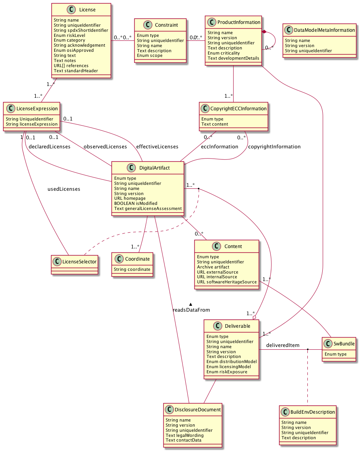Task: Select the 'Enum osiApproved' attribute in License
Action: click(73, 50)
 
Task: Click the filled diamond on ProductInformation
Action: click(265, 31)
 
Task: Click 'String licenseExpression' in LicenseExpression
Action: click(32, 124)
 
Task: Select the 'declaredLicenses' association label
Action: click(50, 147)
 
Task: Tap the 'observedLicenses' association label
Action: click(105, 147)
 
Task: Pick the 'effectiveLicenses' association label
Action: click(157, 147)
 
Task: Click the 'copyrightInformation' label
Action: click(274, 147)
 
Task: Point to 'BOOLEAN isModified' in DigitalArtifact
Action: click(135, 203)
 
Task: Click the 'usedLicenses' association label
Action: click(64, 189)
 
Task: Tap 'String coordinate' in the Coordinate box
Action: click(132, 269)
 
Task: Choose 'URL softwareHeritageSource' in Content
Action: click(227, 282)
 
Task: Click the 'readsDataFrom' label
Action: click(191, 310)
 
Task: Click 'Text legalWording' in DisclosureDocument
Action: click(185, 435)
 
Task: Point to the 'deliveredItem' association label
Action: click(283, 345)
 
